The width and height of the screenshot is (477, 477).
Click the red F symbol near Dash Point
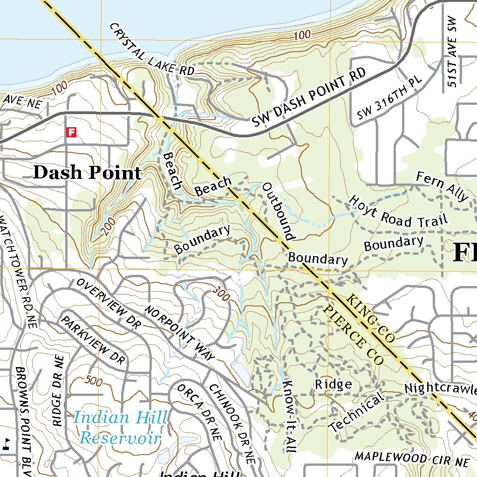(x=71, y=132)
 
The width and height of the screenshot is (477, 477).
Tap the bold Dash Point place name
(x=87, y=173)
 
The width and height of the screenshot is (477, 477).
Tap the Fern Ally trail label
(x=442, y=186)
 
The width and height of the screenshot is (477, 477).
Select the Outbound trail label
(x=279, y=211)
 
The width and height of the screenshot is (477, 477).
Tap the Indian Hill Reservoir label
(x=120, y=427)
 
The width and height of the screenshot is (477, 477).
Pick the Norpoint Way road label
(x=179, y=333)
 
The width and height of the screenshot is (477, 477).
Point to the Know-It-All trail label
(x=289, y=416)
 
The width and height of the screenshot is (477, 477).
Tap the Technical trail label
(x=357, y=412)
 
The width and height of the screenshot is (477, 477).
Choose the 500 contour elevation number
(x=94, y=381)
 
